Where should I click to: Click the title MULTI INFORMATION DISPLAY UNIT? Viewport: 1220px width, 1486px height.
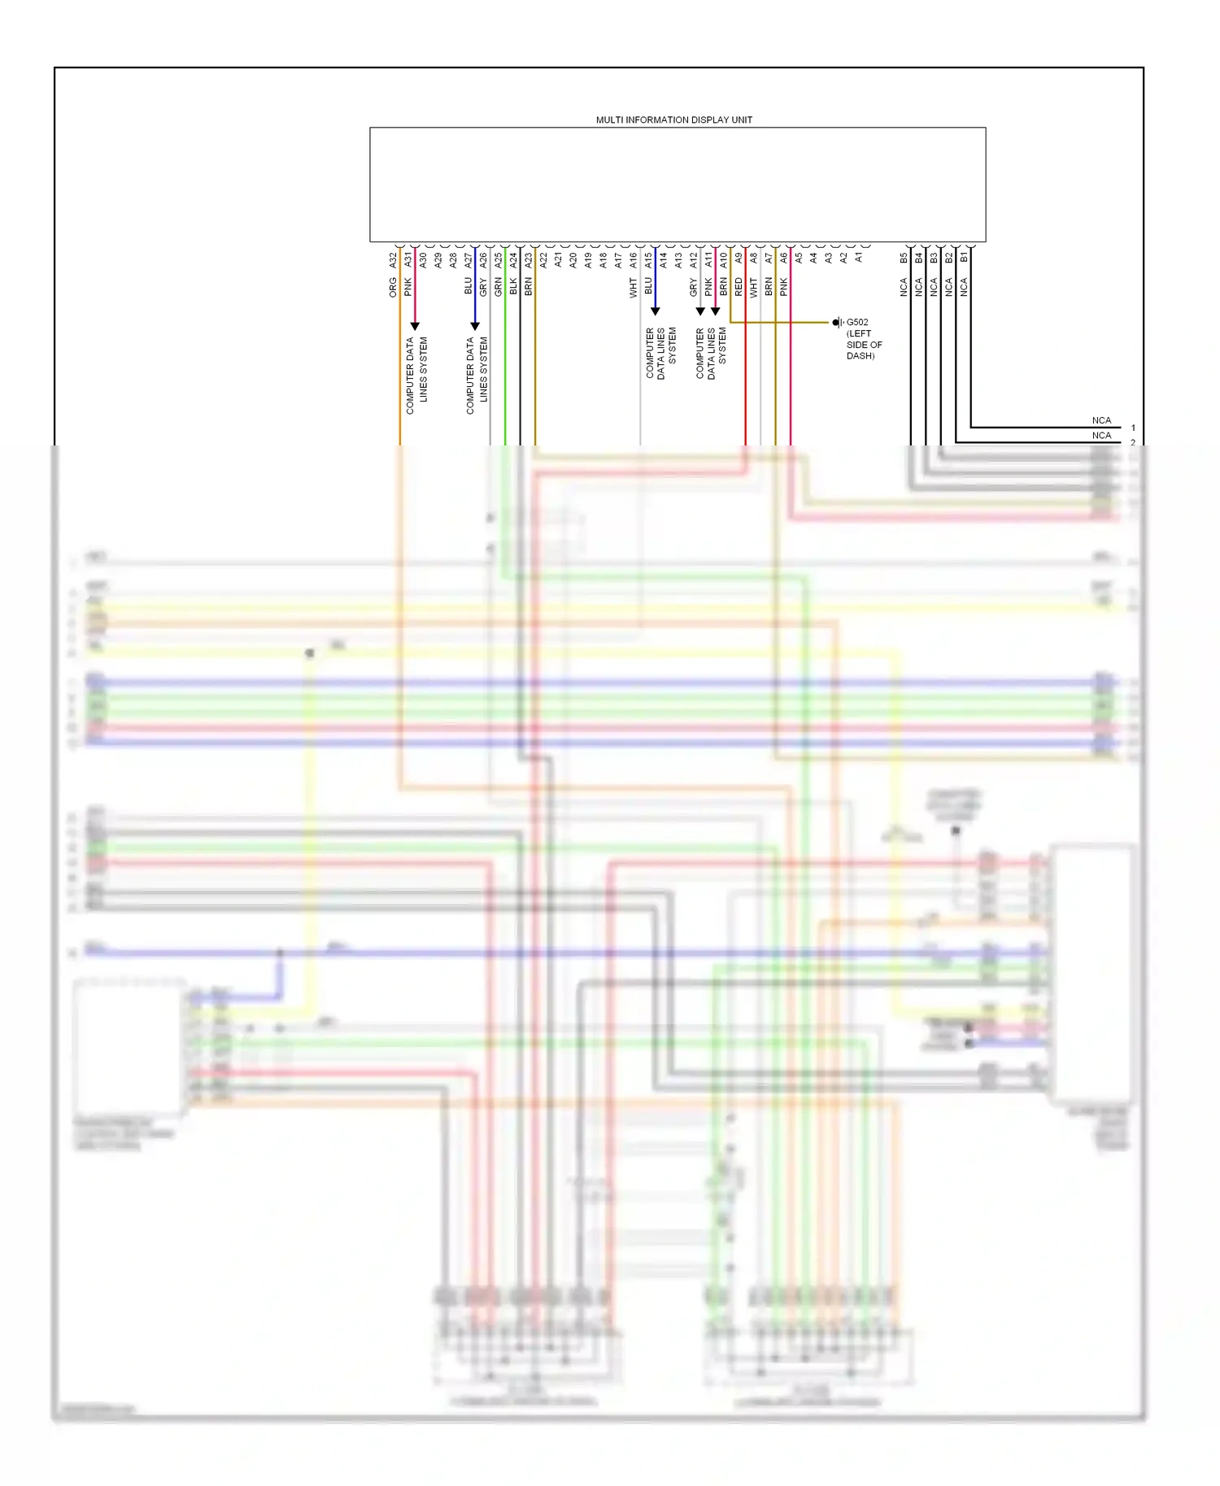[x=673, y=119]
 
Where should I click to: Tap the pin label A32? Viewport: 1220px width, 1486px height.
[x=393, y=260]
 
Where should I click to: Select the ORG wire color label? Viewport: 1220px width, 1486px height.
[x=393, y=287]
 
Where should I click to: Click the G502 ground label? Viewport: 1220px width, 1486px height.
[x=857, y=322]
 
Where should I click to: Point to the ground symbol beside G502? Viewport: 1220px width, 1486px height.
[x=838, y=323]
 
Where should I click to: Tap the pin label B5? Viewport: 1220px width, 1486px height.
[x=904, y=258]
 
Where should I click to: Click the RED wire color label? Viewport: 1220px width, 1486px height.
[x=739, y=286]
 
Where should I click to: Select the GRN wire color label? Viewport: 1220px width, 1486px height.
[x=499, y=286]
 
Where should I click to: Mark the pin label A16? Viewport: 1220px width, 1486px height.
[x=633, y=260]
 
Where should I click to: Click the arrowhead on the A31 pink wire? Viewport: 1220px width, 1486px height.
[x=415, y=326]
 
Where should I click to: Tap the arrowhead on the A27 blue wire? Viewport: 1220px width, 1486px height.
[x=475, y=326]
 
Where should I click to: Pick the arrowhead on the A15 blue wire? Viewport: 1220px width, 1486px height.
[x=655, y=311]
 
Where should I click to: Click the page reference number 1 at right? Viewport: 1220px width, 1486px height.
[x=1133, y=428]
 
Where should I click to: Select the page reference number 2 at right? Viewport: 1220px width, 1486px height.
[x=1133, y=442]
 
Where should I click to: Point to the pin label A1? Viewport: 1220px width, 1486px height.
[x=858, y=258]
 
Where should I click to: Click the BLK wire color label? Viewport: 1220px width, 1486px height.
[x=513, y=286]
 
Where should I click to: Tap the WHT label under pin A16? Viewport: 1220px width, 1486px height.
[x=633, y=288]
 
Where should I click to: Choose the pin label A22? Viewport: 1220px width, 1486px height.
[x=543, y=260]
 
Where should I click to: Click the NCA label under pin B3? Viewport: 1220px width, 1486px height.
[x=934, y=286]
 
